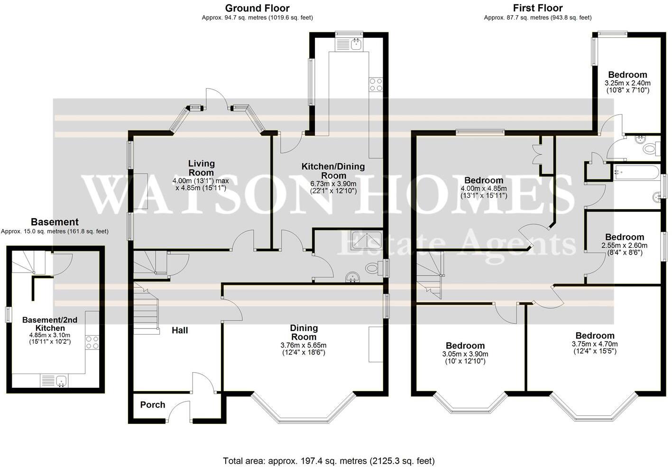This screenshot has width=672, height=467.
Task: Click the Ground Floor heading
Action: pos(257,8)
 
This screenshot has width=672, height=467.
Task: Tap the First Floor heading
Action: pos(537,8)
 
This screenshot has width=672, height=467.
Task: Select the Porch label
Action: pos(153,404)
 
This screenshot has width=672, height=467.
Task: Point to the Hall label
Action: pos(180,330)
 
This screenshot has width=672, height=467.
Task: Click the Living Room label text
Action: pos(202,167)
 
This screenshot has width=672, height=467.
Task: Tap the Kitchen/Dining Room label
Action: pos(333,171)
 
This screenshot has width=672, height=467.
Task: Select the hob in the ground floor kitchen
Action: pos(376,84)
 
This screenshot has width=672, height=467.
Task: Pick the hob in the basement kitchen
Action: pos(92,342)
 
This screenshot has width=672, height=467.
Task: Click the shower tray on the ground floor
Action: pos(367,240)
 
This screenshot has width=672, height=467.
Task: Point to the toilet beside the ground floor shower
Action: pos(373,268)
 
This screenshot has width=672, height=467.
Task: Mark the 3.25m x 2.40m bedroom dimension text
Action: pos(627,83)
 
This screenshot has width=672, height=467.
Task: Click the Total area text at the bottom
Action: pos(329,460)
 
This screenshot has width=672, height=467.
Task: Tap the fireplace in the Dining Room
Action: pos(376,344)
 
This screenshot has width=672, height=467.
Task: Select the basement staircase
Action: pos(28,262)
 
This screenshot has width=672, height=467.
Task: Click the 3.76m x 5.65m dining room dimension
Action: pos(304,345)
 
